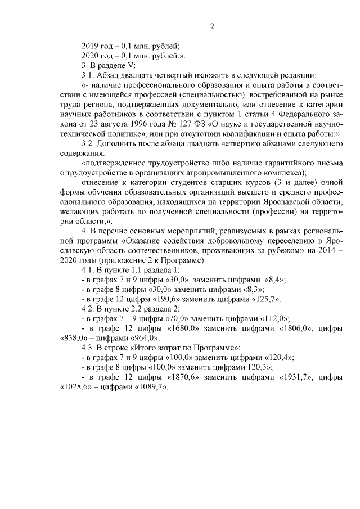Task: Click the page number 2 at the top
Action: [x=213, y=26]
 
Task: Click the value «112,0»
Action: [x=272, y=318]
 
